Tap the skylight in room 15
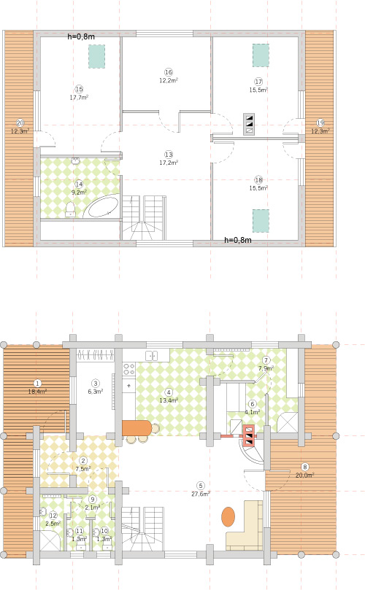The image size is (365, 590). coord(96,56)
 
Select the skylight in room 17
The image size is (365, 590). coord(260,55)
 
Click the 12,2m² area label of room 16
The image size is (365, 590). coord(169,80)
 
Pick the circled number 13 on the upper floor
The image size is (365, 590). coord(169,155)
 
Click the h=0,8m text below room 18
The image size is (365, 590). coord(237,240)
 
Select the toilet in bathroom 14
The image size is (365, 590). coord(70,211)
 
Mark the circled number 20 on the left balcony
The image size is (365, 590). coord(20,123)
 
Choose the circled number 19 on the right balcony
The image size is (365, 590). coord(320,123)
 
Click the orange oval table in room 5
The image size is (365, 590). coord(228,517)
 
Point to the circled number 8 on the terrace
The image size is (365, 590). coord(305,467)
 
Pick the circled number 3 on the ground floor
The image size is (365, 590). coord(96,383)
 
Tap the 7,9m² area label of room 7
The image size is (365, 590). coord(266,368)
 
